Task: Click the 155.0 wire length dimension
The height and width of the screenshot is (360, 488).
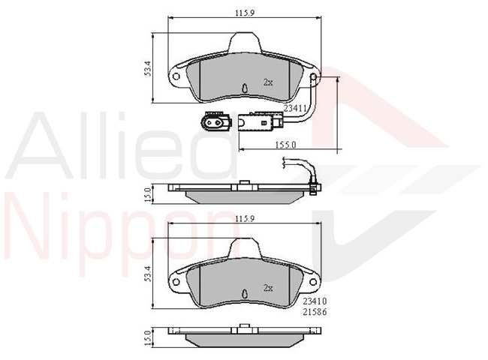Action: (286, 145)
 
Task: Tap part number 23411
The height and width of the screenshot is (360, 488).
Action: (295, 108)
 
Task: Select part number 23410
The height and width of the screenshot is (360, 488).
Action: (315, 301)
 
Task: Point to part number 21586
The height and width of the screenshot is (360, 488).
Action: (315, 312)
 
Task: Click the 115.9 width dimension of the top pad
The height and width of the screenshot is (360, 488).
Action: (245, 13)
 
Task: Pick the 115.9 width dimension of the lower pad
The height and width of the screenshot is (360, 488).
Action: (245, 218)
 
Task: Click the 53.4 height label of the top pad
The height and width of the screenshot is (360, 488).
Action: (147, 68)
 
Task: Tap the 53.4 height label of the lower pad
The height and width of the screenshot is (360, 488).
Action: (147, 274)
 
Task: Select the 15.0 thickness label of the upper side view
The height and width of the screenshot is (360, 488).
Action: (148, 194)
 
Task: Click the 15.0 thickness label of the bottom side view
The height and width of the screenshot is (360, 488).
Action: (148, 338)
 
